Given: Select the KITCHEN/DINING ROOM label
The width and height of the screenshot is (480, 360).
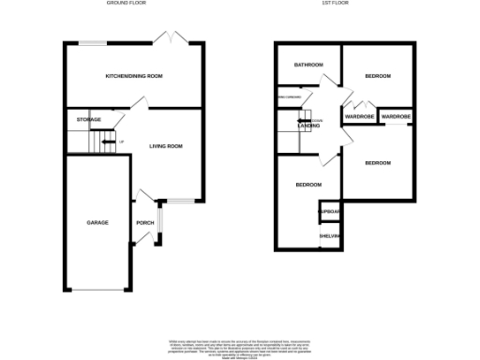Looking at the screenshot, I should tap(134, 76).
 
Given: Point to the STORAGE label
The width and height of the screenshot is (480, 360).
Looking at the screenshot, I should tap(89, 120).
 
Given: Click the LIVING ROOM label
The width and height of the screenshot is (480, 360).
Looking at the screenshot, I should tap(166, 146).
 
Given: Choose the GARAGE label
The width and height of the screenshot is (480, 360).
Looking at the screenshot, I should tap(97, 222).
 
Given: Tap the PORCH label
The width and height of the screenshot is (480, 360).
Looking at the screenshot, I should tap(144, 222).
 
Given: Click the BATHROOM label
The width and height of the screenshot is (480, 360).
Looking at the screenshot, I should tap(307, 65).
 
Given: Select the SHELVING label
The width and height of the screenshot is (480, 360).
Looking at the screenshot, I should tap(329, 236).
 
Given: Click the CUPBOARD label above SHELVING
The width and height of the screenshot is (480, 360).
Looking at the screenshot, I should tap(329, 213).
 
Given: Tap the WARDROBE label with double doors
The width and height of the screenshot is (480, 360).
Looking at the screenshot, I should tap(360, 117).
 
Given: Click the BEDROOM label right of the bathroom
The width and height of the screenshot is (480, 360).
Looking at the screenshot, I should tap(377, 76).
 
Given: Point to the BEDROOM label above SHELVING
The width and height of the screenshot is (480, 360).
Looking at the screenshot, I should tap(307, 185).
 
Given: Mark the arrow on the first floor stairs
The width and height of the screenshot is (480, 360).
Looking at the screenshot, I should tap(304, 120).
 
